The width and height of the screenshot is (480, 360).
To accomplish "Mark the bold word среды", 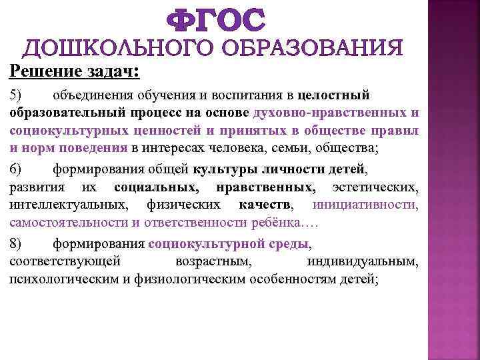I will tap(290, 243).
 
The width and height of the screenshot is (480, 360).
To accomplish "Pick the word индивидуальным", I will tap(363, 261).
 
